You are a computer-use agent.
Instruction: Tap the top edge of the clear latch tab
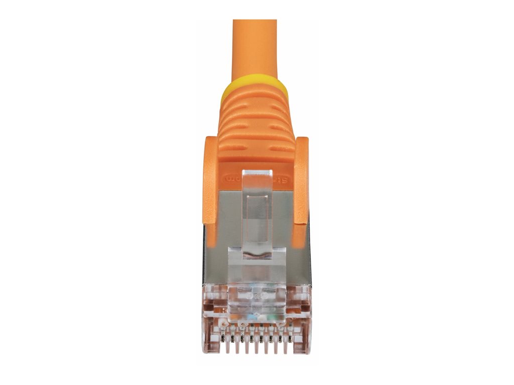point(257,171)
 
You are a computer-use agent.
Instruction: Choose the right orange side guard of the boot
point(301,180)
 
